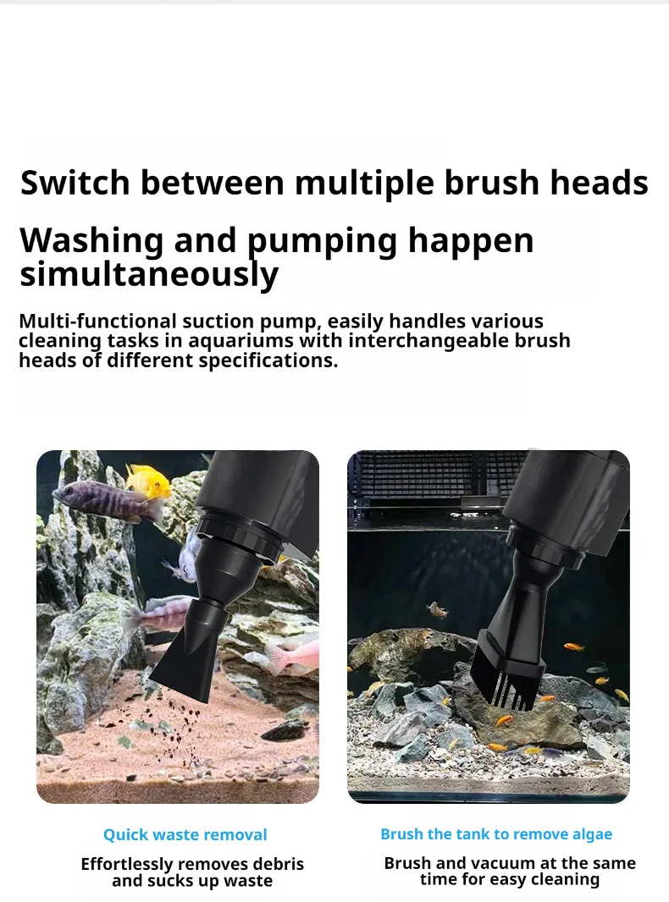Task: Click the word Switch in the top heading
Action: tap(75, 183)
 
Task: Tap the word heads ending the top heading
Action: tap(599, 183)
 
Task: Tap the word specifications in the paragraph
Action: tap(268, 360)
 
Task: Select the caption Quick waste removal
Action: tap(185, 834)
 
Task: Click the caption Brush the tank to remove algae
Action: tap(496, 834)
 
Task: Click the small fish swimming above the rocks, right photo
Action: tap(439, 609)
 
